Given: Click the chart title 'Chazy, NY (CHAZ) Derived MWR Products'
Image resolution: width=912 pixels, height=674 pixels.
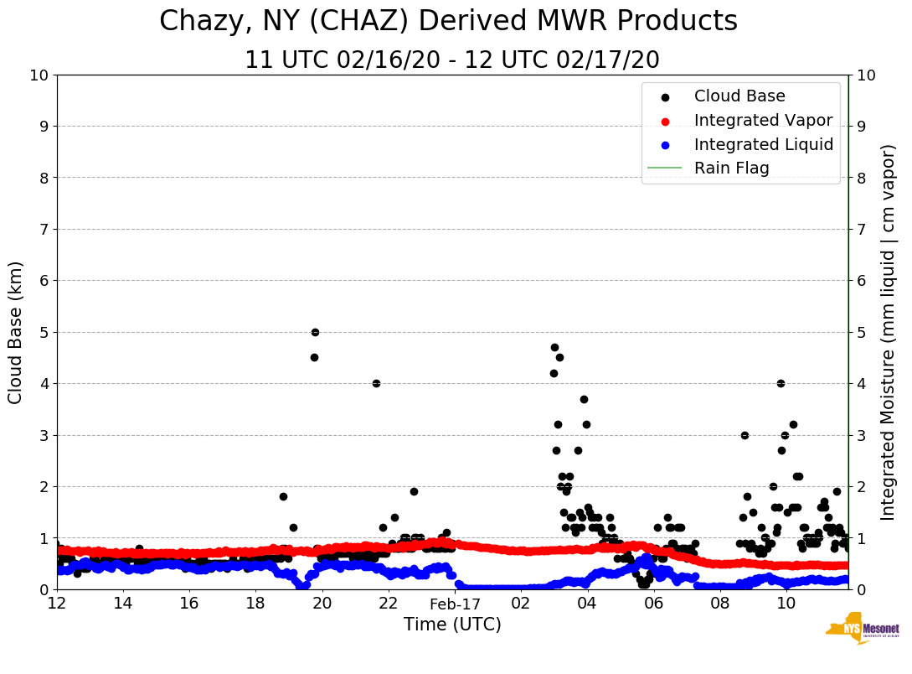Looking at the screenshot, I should tap(448, 22).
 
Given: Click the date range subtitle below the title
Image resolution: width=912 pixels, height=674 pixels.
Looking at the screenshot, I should tap(451, 60).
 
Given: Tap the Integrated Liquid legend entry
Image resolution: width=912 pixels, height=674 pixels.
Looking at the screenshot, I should tap(763, 144).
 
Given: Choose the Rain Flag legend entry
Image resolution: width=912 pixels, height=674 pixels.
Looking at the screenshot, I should tap(731, 168).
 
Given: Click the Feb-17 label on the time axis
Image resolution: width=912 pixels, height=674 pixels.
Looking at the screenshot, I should tap(455, 604).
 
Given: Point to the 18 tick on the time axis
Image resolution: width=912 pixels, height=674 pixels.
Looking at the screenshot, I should tap(255, 603).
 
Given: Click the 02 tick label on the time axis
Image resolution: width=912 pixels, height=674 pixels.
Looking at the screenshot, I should tap(521, 603).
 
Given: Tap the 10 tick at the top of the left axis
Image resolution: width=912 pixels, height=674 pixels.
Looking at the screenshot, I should tap(39, 75).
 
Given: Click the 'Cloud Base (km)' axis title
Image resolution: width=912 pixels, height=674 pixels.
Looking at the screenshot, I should tap(16, 332).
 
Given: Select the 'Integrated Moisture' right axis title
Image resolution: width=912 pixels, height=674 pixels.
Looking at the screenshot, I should tap(889, 332).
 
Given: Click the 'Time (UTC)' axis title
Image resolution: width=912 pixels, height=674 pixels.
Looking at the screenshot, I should tap(452, 625).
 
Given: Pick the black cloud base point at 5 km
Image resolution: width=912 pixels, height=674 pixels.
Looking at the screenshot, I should tap(315, 332).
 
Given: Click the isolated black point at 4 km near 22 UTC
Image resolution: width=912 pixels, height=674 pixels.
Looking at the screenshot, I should tap(376, 383).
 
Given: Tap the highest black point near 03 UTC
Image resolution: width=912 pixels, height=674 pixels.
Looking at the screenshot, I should tap(554, 347).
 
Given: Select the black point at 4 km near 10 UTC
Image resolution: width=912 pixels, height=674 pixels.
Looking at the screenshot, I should tap(781, 383).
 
